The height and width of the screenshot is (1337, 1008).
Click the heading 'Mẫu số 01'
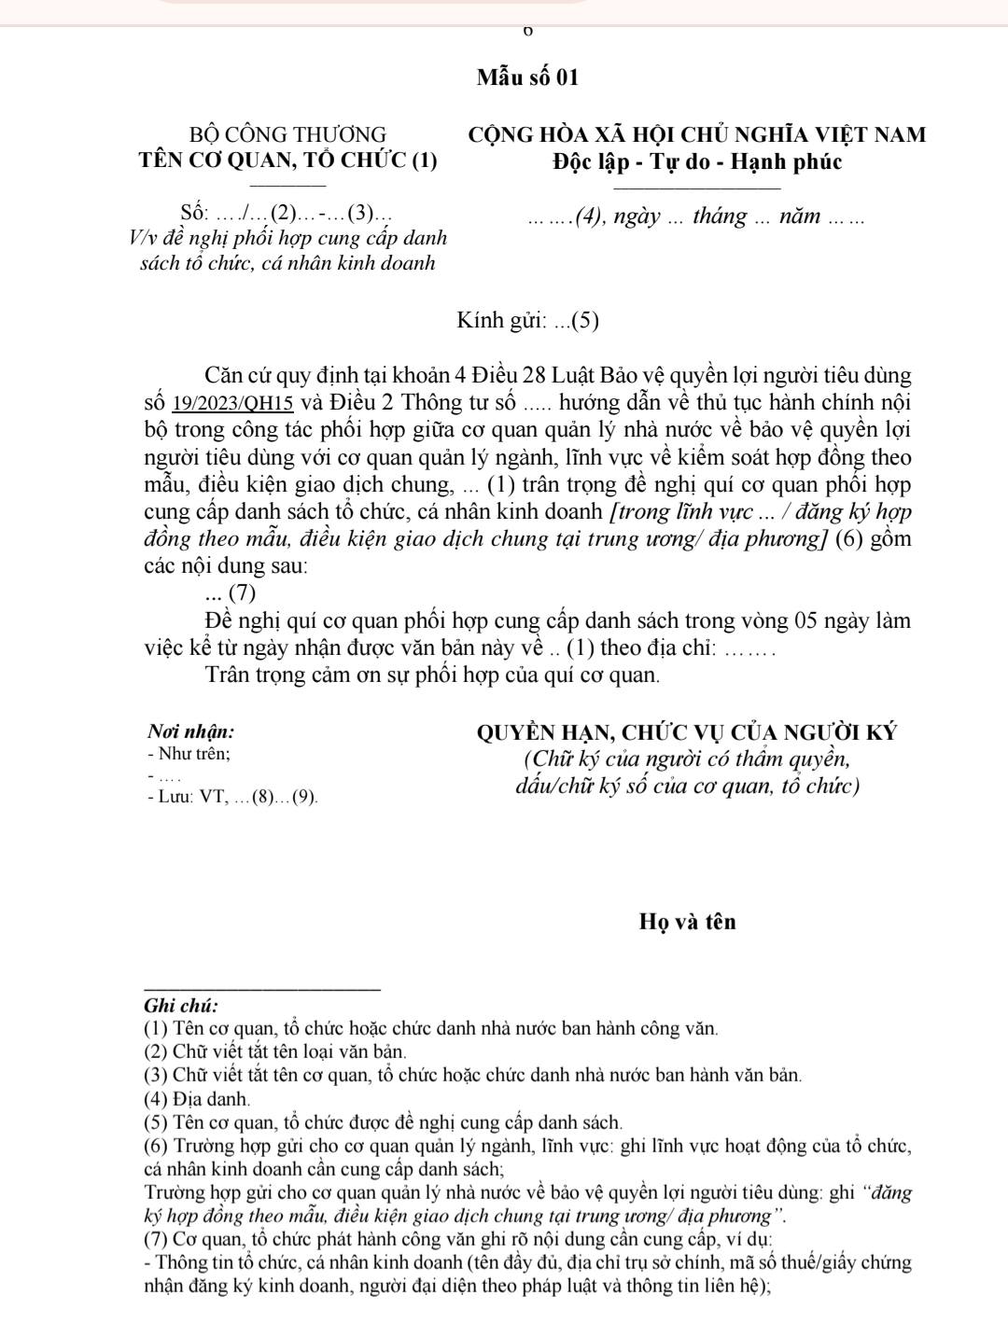pos(527,77)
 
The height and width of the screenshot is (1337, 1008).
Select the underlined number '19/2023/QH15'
pos(234,404)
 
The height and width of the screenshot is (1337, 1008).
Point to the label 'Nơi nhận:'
pos(191,731)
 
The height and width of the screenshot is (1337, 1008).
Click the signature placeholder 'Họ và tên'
pos(688,922)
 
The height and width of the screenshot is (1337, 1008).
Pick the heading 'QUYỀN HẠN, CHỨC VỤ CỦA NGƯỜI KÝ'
pos(687,732)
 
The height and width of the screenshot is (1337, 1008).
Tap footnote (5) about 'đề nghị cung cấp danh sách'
pos(384,1121)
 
